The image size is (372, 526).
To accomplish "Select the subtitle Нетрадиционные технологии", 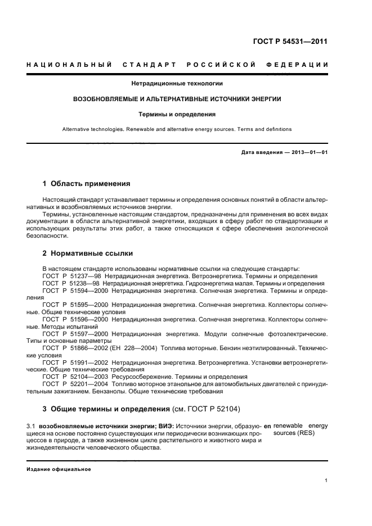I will tap(177, 84).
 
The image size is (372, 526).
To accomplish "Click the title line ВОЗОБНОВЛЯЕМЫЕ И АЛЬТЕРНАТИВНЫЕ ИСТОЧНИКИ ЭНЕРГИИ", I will tap(177, 99).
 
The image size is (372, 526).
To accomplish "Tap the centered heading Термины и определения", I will tap(177, 114).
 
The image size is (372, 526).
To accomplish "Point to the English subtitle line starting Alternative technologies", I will tap(177, 129).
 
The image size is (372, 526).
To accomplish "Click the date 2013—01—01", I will tap(309, 152).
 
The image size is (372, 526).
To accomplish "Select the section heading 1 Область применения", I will tap(87, 183).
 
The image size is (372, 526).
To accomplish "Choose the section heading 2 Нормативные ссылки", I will tap(85, 253).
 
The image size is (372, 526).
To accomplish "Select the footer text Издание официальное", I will tap(59, 469).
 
